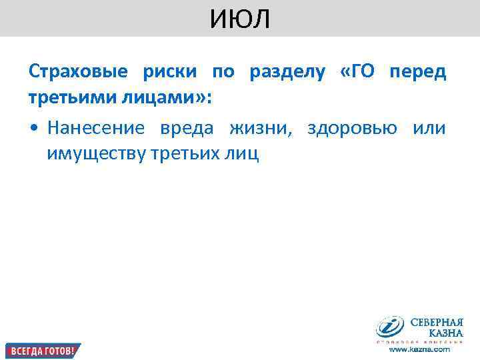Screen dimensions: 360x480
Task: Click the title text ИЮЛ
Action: point(240,19)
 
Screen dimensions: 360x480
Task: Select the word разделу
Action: point(283,73)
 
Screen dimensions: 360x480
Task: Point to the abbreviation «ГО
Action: point(353,72)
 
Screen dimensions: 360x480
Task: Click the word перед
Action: point(418,73)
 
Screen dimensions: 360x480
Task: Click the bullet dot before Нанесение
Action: point(33,128)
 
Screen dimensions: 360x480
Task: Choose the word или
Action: point(429,127)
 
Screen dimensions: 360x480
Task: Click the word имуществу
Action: point(96,153)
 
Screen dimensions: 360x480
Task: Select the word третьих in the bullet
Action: point(186,153)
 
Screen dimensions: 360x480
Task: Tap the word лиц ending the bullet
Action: point(241,153)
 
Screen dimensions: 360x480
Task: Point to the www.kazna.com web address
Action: point(419,349)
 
